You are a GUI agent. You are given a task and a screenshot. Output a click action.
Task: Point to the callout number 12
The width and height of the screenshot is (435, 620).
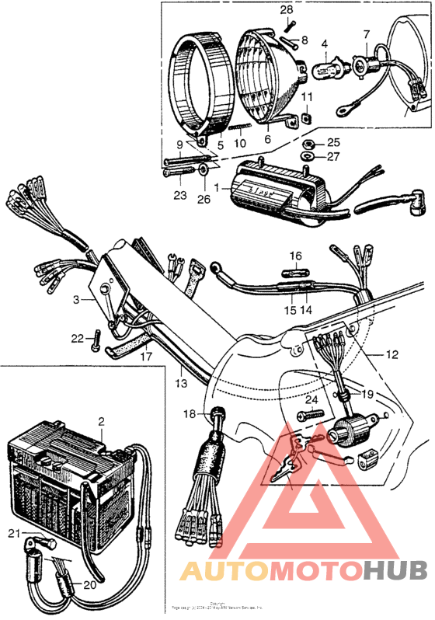pos(392,355)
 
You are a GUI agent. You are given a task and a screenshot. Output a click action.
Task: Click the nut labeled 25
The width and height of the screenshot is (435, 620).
pos(308,143)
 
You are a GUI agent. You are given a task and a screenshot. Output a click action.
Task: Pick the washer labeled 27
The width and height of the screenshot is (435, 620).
pos(308,155)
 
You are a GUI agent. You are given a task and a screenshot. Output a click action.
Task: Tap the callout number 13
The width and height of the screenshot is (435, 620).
pos(182,384)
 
